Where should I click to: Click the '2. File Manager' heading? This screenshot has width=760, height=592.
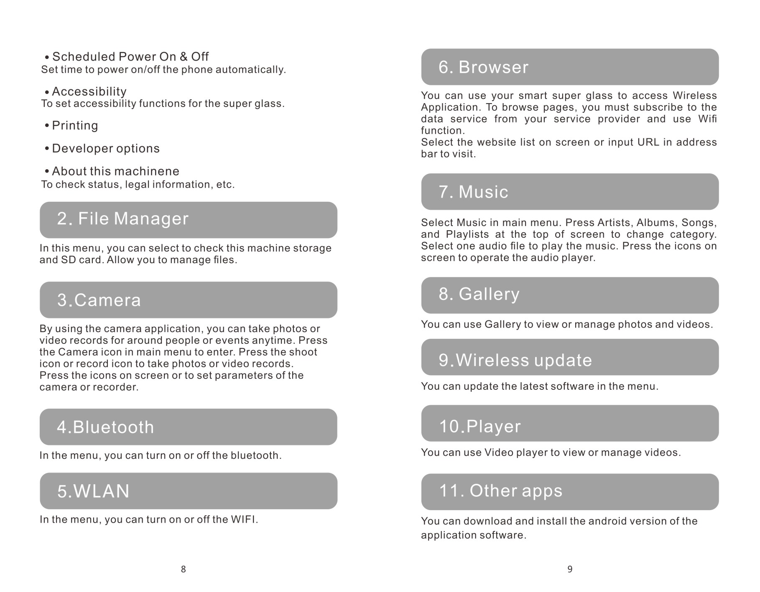(122, 219)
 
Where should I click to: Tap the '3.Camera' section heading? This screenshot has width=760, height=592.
(99, 300)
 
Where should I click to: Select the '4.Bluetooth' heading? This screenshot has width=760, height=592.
(105, 427)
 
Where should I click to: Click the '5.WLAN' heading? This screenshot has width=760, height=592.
(93, 491)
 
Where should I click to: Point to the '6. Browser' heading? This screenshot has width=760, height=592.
(483, 67)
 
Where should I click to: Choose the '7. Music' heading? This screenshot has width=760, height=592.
(473, 192)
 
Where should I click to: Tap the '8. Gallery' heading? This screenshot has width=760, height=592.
(479, 294)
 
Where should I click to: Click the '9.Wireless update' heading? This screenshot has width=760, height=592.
(515, 361)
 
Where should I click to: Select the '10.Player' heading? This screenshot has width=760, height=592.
(479, 427)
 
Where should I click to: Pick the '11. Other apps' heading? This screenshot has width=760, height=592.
(500, 491)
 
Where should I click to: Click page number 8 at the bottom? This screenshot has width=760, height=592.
(183, 569)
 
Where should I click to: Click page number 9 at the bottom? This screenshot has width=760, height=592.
(570, 569)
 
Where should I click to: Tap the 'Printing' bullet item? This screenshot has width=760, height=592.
(75, 125)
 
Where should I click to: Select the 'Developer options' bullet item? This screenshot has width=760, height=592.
(105, 148)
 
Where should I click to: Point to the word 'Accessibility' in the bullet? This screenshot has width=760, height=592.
(89, 91)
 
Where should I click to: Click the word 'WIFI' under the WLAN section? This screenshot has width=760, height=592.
(244, 520)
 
